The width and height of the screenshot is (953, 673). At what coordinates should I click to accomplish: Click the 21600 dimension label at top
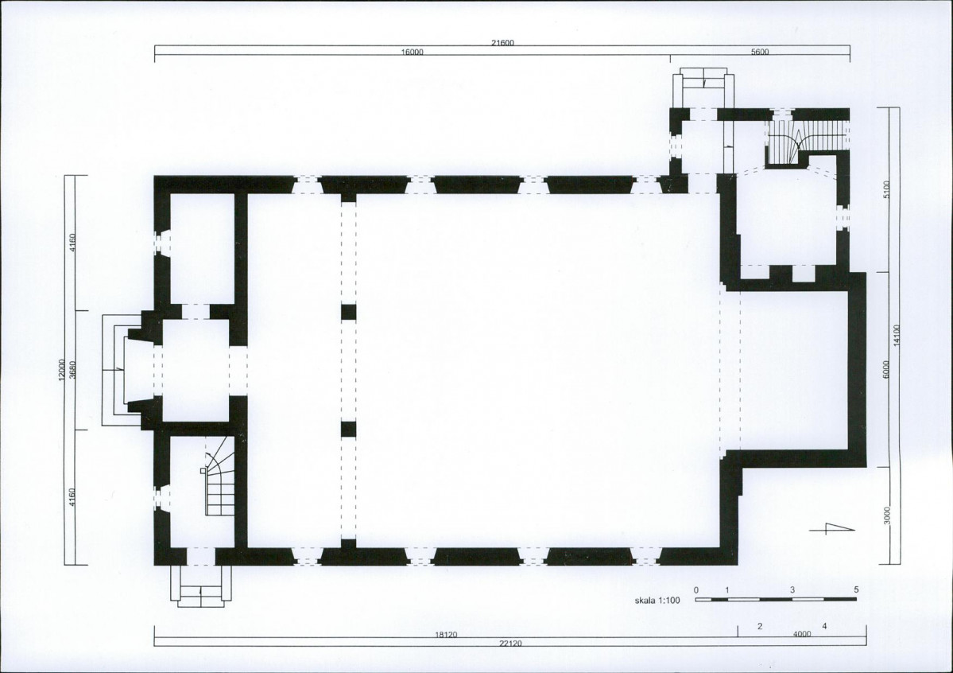(502, 43)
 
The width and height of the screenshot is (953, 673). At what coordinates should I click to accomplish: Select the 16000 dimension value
(412, 52)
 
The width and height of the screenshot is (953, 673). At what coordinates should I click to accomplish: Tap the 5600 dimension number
(760, 52)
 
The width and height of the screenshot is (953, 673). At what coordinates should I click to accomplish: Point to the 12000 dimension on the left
(61, 370)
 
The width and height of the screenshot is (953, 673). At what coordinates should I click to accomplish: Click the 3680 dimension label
(72, 370)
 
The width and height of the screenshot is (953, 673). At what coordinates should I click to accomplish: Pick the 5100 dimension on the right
(886, 189)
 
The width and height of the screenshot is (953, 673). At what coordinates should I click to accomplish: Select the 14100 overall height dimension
(897, 336)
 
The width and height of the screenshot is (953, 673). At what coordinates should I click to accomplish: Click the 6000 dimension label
(886, 370)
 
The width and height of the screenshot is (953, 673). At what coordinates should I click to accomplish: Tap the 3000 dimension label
(886, 515)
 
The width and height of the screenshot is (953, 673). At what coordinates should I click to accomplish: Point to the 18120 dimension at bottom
(446, 635)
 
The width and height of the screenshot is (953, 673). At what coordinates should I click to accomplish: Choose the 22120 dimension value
(509, 644)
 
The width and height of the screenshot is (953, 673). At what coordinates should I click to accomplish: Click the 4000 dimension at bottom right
(802, 634)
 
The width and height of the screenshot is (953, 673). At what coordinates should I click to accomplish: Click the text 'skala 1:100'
(657, 601)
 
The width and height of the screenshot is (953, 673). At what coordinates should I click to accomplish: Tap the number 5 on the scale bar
(856, 589)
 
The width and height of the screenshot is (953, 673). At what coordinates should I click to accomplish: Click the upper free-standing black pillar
(348, 312)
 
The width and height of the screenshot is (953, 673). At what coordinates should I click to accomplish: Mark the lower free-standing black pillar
(348, 430)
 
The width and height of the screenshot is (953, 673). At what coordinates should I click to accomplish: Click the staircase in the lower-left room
(219, 477)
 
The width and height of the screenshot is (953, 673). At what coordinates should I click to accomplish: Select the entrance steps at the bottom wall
(201, 586)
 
